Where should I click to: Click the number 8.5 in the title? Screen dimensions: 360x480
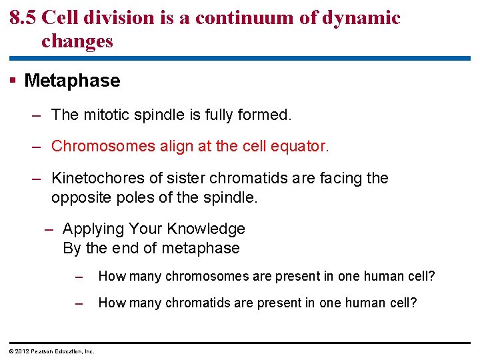pyautogui.click(x=23, y=18)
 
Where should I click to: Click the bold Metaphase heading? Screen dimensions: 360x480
pyautogui.click(x=72, y=81)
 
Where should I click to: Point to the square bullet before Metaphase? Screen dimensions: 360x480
pyautogui.click(x=13, y=81)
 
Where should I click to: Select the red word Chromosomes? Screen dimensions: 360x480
pyautogui.click(x=97, y=146)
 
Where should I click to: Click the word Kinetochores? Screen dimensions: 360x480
pyautogui.click(x=92, y=179)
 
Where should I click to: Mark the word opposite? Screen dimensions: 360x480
pyautogui.click(x=79, y=198)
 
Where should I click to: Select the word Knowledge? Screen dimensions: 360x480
pyautogui.click(x=206, y=229)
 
